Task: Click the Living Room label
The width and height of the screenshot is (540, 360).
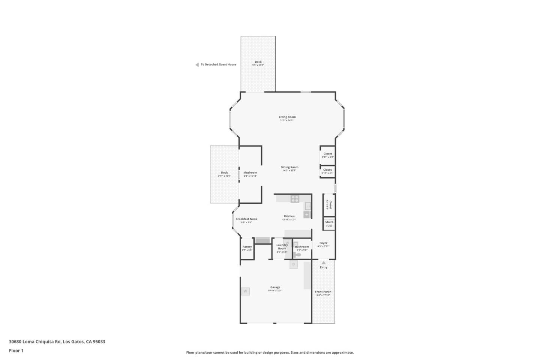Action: click(287, 117)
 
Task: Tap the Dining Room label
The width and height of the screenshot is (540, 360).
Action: click(289, 167)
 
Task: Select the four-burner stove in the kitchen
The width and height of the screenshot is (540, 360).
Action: click(295, 199)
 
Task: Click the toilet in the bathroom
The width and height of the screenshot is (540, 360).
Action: click(297, 255)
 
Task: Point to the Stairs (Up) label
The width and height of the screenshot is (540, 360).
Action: click(329, 224)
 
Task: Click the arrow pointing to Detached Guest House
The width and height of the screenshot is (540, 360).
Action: click(197, 64)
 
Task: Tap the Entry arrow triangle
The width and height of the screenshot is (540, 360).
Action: click(324, 263)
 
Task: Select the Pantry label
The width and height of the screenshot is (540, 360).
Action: click(247, 247)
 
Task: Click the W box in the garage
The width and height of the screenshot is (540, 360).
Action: click(245, 291)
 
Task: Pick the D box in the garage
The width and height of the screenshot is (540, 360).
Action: click(294, 264)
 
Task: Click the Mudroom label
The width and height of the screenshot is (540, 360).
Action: click(250, 172)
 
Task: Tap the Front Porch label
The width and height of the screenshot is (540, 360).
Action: click(323, 292)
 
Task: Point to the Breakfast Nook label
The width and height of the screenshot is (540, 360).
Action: click(246, 219)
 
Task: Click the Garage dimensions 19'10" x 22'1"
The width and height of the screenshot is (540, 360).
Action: click(275, 291)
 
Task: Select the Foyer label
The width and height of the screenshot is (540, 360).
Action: click(323, 243)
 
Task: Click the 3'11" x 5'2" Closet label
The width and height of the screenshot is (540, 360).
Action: click(328, 154)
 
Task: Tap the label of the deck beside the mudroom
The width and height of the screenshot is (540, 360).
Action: click(224, 172)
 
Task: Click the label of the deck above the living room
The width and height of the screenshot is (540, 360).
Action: click(258, 62)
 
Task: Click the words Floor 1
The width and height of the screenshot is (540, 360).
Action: click(16, 351)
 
